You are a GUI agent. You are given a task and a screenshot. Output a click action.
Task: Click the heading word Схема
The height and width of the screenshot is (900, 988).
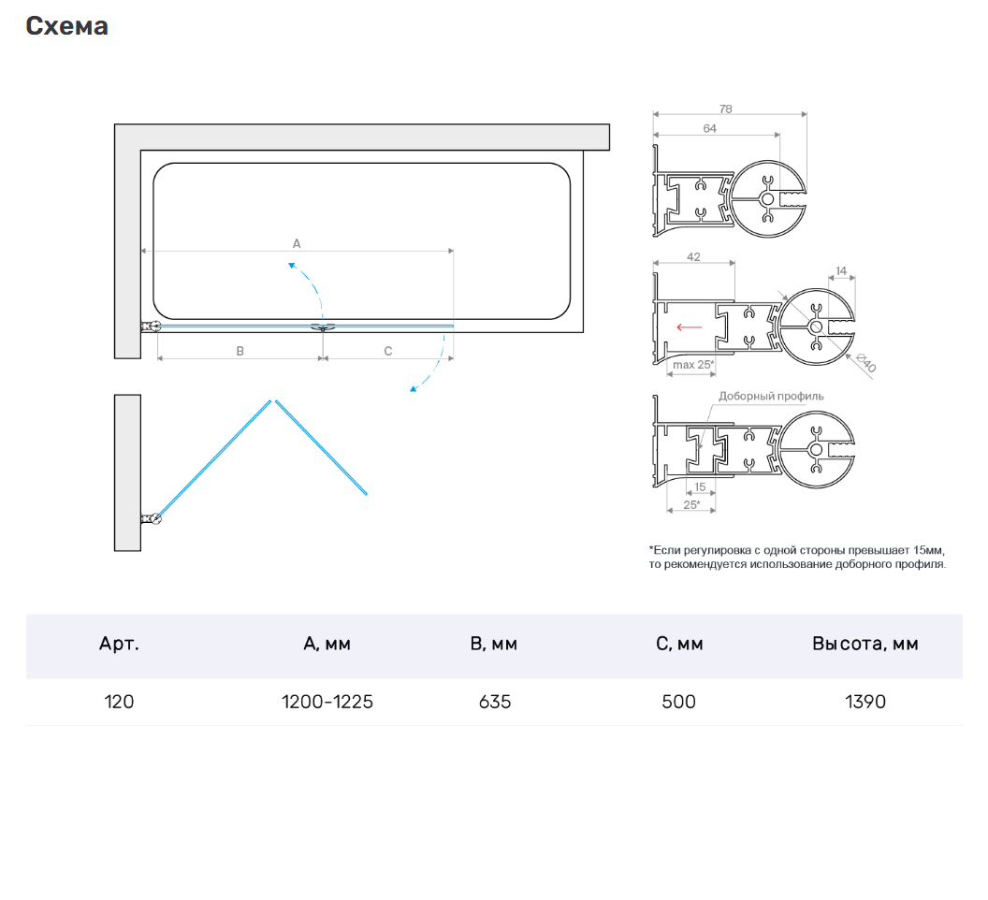click(x=66, y=26)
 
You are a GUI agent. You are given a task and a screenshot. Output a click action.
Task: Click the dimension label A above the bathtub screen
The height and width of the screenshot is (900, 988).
click(x=297, y=243)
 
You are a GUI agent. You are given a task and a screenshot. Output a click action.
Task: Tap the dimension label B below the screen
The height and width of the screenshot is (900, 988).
click(x=240, y=351)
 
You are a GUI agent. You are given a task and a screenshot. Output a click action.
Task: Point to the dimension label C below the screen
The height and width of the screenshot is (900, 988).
click(x=388, y=351)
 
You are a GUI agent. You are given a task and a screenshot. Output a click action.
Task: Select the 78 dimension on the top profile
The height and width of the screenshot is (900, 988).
click(x=726, y=109)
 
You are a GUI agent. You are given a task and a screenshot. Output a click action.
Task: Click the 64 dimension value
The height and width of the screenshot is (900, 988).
click(x=709, y=128)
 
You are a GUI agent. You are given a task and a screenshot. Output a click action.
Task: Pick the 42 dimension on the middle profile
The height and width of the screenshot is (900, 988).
click(x=693, y=257)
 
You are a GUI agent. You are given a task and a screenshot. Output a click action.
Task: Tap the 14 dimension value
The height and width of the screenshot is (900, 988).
click(x=841, y=271)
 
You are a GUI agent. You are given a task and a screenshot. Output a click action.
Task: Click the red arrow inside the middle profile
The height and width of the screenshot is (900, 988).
click(x=689, y=327)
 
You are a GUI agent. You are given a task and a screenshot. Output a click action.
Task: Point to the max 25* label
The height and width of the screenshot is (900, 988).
click(x=693, y=364)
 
